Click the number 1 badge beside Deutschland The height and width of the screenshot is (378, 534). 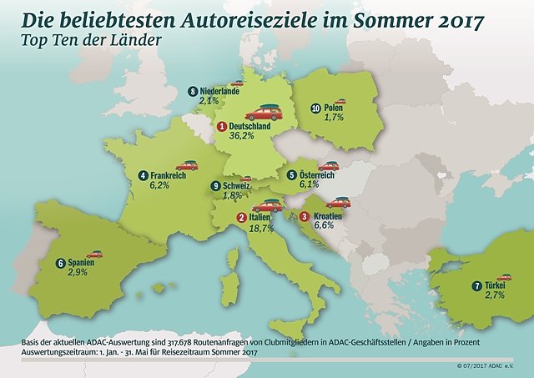221,126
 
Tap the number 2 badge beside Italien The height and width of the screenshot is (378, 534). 241,218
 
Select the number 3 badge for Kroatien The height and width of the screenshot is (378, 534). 305,217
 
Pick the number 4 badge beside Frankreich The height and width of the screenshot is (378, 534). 144,175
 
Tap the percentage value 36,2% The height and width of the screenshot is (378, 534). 243,137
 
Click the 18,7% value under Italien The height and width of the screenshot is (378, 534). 264,228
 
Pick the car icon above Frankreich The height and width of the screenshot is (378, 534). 187,165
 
